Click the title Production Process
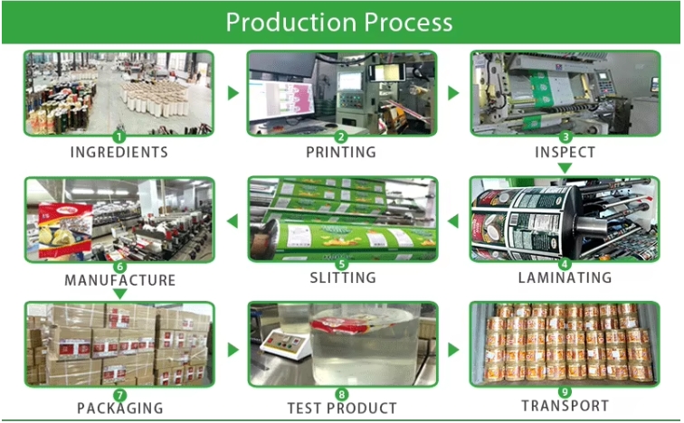point(339,22)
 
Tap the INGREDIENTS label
point(119,152)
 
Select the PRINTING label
point(341,152)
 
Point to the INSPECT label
point(565,152)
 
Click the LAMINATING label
point(565,277)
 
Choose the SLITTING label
point(342,277)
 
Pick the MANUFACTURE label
point(119,280)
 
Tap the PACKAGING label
point(119,408)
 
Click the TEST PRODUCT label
point(342,408)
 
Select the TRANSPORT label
point(565,406)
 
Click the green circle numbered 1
point(119,136)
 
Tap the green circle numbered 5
point(342,264)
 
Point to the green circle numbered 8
point(342,393)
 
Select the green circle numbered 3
point(565,136)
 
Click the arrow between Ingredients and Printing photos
point(233,92)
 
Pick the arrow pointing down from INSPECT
point(565,168)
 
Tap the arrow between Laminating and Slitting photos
point(453,220)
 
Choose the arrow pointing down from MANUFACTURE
point(119,294)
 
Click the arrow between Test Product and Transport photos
point(453,346)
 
